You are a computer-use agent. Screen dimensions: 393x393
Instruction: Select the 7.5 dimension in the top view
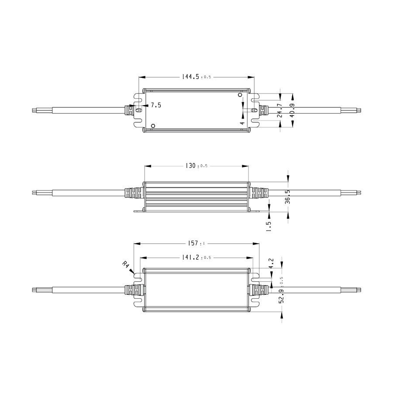pos(156,105)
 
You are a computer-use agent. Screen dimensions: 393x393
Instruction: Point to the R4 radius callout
pos(126,265)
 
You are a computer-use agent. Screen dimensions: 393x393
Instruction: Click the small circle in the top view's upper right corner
pos(240,94)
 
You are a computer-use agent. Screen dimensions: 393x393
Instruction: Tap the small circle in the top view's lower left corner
pos(152,126)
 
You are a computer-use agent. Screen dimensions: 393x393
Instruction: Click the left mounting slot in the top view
pos(138,110)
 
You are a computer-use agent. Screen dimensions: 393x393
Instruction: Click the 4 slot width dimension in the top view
pos(242,124)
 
